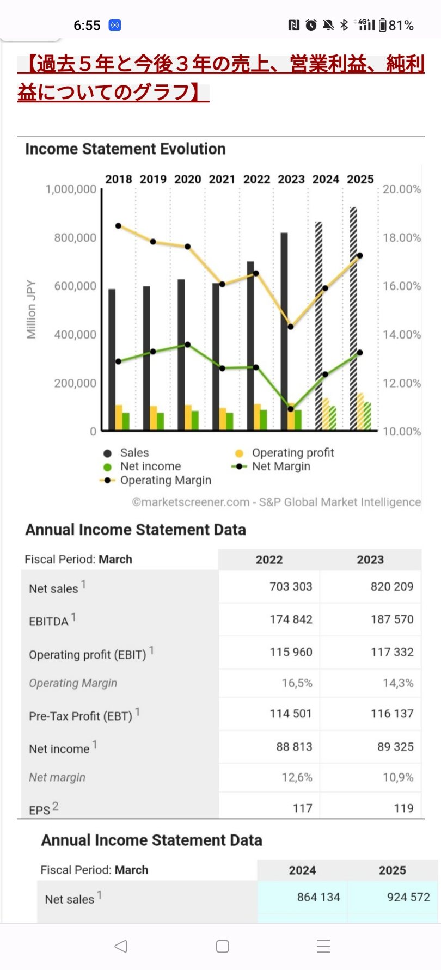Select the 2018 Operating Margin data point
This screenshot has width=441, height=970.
pos(119,226)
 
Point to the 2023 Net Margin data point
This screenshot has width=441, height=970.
pos(290,409)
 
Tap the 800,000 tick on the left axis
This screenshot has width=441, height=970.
pos(75,238)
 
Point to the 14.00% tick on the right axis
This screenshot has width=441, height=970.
pos(402,335)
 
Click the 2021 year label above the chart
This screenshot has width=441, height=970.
pos(222,180)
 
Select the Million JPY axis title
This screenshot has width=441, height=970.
pos(32,310)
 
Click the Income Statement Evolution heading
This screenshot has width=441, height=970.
pos(125,149)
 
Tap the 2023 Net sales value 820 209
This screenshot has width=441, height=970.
pos(392,587)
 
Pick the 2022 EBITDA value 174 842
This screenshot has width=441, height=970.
pos(291,619)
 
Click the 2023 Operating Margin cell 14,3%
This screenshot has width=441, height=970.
pos(398,683)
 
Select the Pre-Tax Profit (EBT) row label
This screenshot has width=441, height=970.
pos(81,716)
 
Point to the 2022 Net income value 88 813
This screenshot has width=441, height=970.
pos(294,747)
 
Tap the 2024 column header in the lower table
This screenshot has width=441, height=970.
pos(302,870)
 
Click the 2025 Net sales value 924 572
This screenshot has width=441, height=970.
pos(408,897)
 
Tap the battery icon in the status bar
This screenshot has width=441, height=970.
pos(383,25)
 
